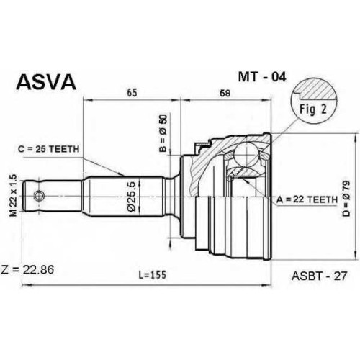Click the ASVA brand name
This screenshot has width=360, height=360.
pos(46,81)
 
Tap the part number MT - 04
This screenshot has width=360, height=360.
pos(262,77)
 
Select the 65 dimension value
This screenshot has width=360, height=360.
pos(132,93)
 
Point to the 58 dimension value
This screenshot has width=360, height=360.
pos(225,93)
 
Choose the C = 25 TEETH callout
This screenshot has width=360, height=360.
pos(48,149)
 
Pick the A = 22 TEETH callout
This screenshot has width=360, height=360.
pos(307,199)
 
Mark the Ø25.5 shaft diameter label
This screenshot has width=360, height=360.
pos(132,197)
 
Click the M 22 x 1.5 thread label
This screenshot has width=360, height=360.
pos(14,196)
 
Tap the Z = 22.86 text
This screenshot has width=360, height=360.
pos(27,269)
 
